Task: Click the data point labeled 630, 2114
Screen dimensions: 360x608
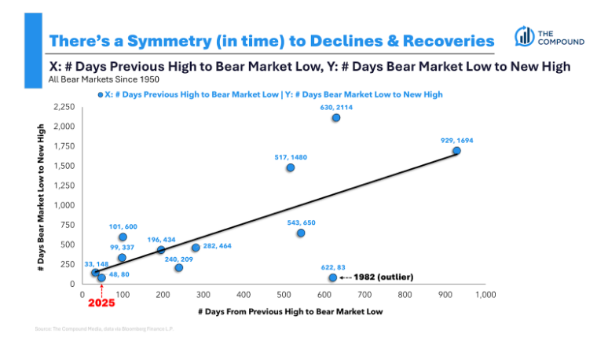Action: click(x=335, y=118)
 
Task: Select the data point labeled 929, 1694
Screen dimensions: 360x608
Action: click(x=456, y=151)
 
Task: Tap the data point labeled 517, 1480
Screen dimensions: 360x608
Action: click(x=291, y=167)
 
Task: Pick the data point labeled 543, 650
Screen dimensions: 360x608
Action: click(x=301, y=233)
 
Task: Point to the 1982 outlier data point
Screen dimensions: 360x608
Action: click(x=332, y=277)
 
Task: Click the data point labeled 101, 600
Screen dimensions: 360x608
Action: click(x=123, y=237)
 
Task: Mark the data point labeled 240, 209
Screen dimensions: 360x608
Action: click(x=178, y=268)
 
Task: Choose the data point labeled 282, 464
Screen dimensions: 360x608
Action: click(x=196, y=248)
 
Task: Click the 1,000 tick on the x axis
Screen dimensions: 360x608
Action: click(x=485, y=295)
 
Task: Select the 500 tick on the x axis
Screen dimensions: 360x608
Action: click(x=284, y=295)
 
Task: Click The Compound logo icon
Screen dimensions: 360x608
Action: click(x=525, y=36)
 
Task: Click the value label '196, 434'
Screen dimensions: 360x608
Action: click(x=161, y=239)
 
